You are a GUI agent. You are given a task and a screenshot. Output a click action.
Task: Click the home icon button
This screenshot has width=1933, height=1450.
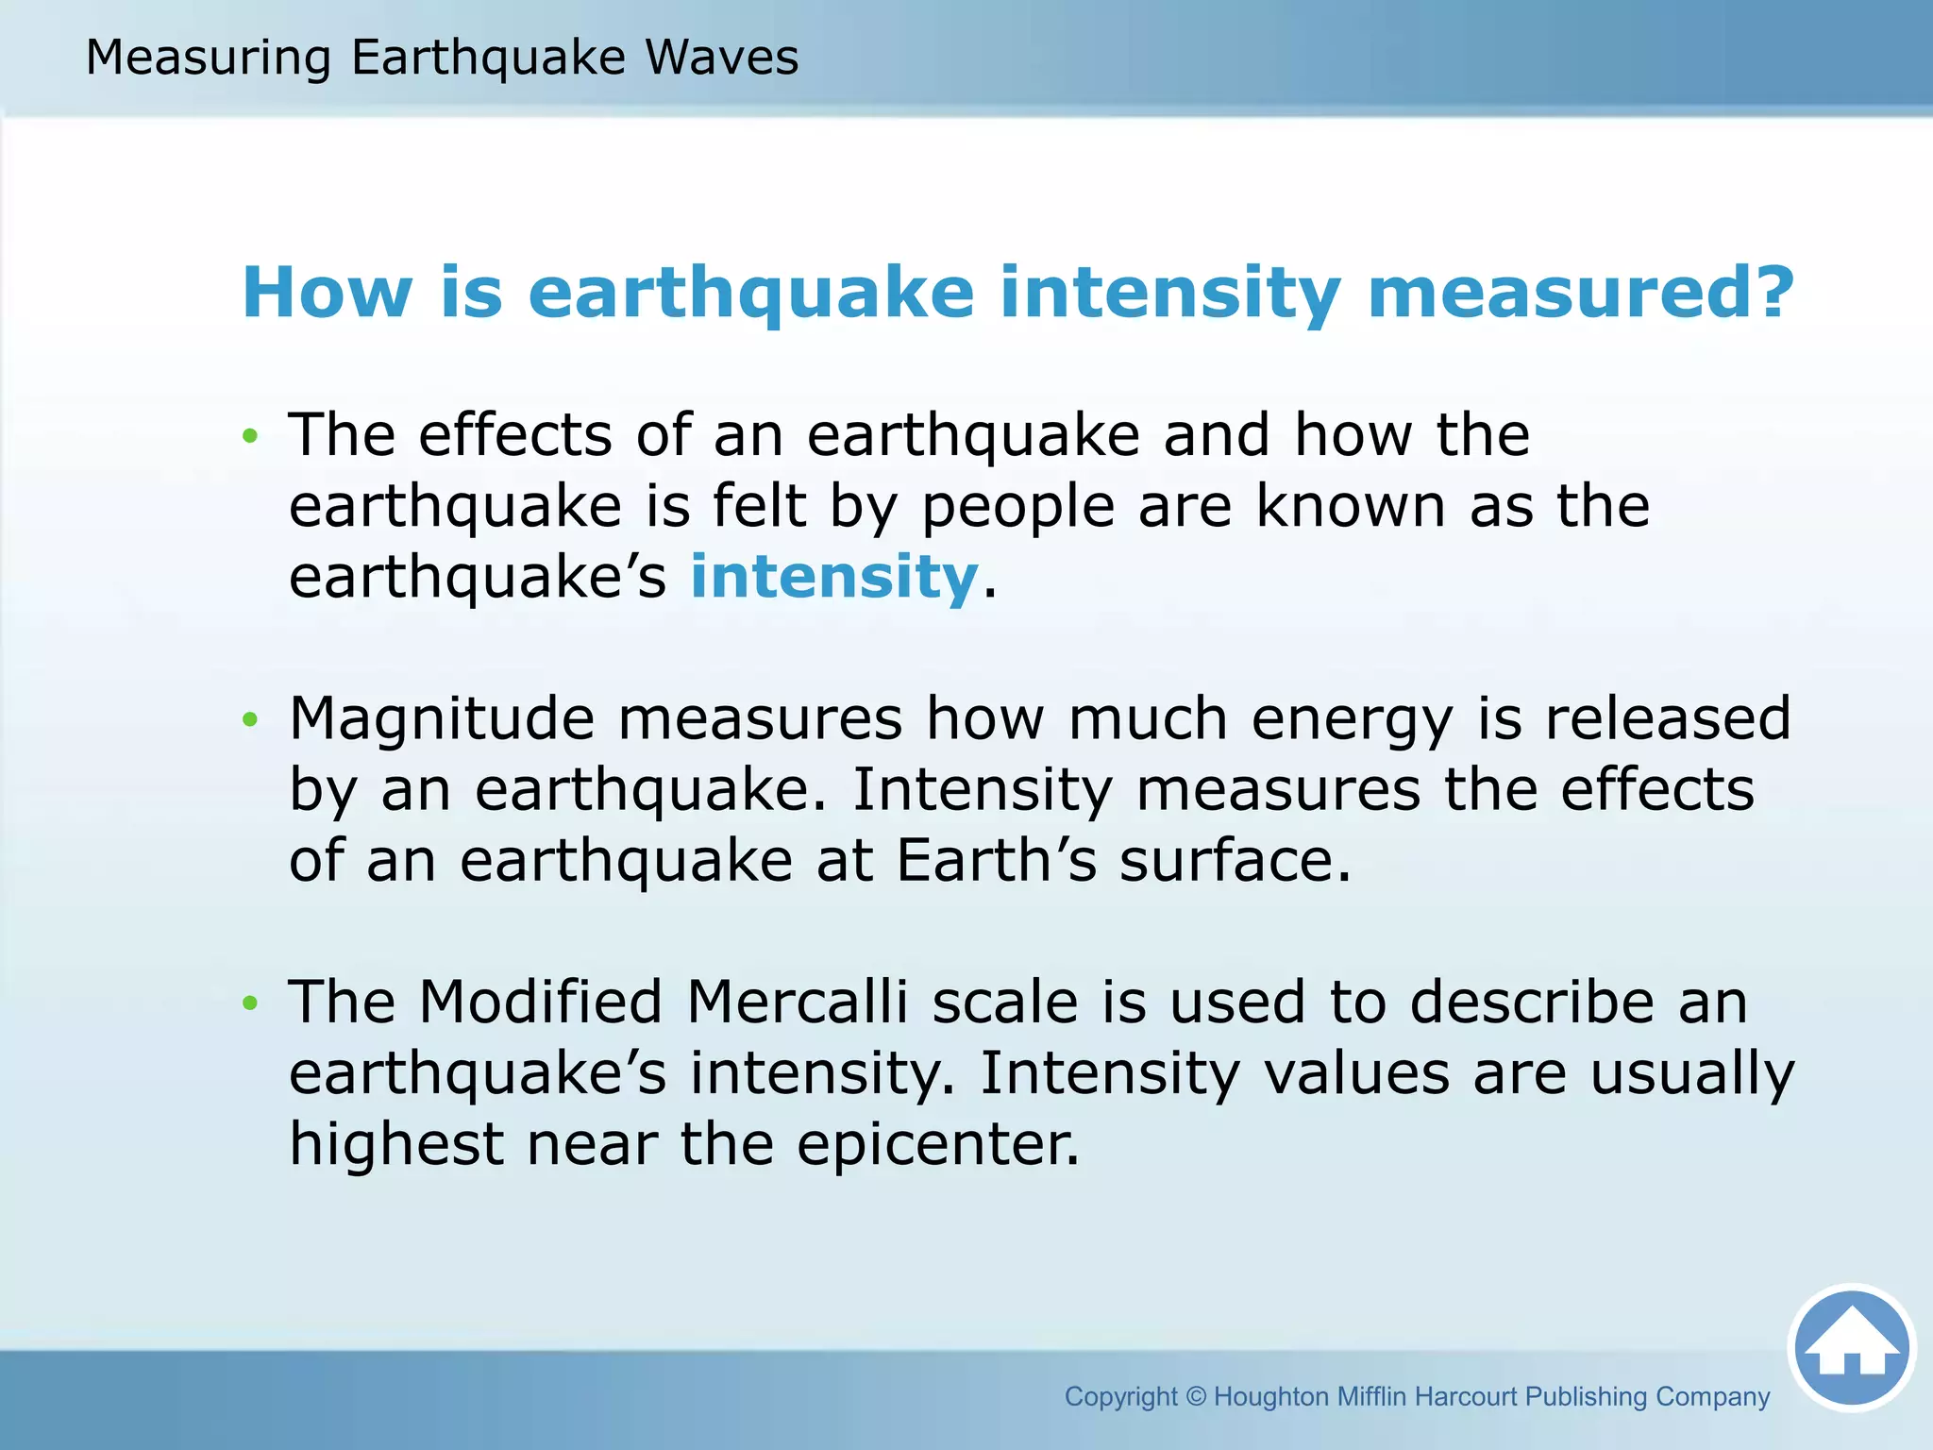(1851, 1347)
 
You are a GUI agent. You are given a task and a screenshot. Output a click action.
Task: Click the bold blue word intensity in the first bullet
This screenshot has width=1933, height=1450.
(833, 577)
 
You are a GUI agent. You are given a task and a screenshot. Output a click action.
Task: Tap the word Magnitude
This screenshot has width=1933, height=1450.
(441, 718)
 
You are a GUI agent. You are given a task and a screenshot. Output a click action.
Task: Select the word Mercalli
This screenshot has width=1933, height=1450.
(798, 1002)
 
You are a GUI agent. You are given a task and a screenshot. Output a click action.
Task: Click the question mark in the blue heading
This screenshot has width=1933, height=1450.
(1771, 292)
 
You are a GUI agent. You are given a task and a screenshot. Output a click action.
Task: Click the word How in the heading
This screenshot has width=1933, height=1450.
(327, 292)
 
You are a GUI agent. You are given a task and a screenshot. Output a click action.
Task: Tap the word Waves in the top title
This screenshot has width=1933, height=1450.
(721, 58)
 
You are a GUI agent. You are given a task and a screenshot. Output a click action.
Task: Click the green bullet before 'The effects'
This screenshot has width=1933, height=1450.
(249, 436)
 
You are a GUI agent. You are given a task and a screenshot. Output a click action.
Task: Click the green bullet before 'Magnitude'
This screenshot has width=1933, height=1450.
(249, 719)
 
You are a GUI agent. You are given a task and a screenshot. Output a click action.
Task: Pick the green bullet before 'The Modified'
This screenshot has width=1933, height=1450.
(249, 1003)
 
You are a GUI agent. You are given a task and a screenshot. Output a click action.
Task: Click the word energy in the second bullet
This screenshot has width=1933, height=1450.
(1352, 720)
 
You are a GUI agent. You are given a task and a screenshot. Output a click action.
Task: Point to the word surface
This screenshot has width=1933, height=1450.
(1234, 861)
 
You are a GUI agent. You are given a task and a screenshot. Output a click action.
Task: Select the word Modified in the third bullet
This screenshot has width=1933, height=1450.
(540, 1002)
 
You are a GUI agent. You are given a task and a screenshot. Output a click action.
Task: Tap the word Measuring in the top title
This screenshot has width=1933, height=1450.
(208, 58)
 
